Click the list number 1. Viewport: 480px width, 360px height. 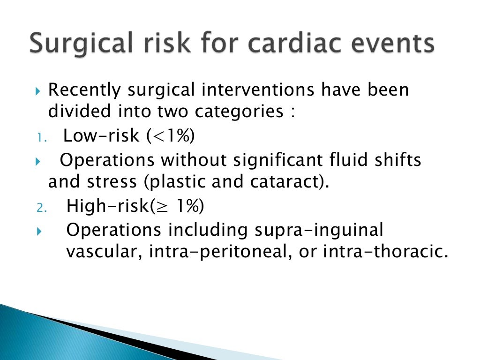tap(40, 137)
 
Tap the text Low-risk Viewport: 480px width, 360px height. tap(101, 136)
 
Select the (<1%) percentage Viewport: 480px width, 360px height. tap(170, 136)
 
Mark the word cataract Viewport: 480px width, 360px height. tap(284, 182)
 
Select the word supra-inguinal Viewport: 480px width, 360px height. tap(319, 230)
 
